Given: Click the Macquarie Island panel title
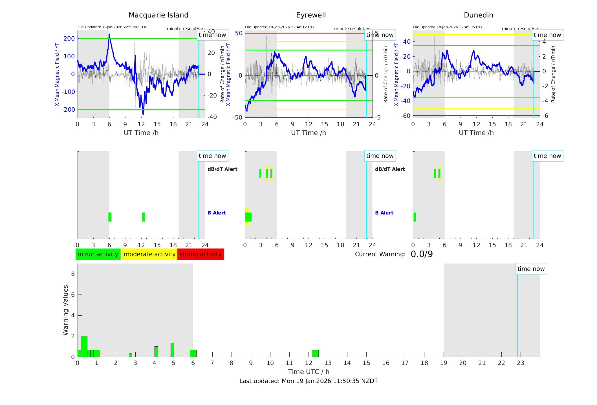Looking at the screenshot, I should pos(158,15).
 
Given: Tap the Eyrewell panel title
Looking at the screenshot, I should pos(311,15).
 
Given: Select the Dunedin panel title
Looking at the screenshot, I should pos(478,15).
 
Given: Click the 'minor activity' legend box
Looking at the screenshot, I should pos(98,254).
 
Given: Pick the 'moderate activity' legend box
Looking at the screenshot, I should pos(149,254).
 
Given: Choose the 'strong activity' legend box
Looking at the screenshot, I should pos(201,254).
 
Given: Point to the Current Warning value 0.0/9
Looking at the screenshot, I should pos(422,254).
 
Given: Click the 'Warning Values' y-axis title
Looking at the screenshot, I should pos(66,310).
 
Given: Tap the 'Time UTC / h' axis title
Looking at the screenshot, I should pos(309,372).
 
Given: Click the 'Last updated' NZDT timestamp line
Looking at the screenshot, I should pos(309,381).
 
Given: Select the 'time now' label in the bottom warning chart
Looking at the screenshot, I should pos(531,269).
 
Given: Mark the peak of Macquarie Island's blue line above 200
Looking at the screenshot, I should pos(109,34).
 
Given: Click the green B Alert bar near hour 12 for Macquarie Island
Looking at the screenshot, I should pos(144,217).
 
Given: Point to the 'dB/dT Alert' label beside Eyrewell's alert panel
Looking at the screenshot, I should pos(390,169).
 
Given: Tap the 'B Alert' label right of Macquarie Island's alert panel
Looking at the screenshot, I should pos(217,213).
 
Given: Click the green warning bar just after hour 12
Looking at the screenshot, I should pos(315,353).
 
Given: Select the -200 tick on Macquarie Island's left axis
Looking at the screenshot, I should pos(69,110).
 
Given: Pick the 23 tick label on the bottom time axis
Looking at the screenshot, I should pos(520,363).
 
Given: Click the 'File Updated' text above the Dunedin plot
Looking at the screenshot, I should pos(448,27).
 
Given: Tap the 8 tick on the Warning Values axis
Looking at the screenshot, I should pos(73,274).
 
